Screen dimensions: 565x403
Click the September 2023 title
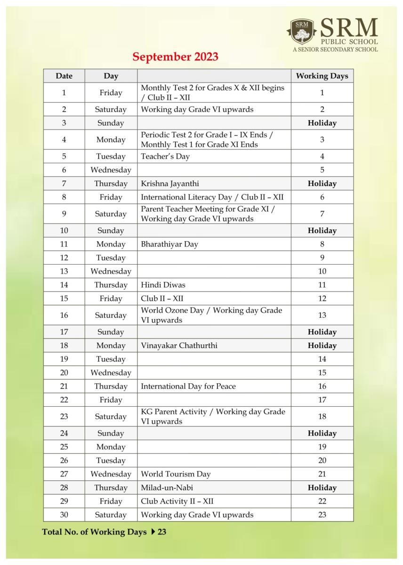coord(175,57)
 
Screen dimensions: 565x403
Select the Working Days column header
coord(322,76)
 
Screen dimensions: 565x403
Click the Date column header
coord(64,76)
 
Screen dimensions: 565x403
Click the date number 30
coord(64,515)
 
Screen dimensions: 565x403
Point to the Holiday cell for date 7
coord(322,184)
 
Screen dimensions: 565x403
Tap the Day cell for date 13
coord(111,271)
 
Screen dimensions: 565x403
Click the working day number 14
coord(322,359)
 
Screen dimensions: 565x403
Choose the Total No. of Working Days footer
coord(104,533)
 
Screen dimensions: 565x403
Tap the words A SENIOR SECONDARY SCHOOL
coord(335,49)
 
